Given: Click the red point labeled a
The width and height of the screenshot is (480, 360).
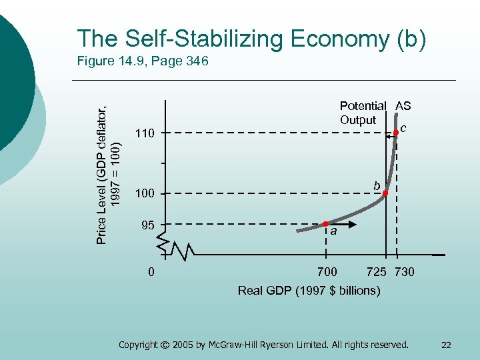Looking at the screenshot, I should [325, 224].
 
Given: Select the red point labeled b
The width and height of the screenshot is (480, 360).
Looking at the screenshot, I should [385, 193].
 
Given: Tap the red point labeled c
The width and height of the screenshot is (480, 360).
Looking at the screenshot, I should [396, 133].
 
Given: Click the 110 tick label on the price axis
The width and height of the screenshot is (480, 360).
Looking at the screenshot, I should [145, 133].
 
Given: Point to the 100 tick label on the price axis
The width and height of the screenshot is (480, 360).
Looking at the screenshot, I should [145, 193].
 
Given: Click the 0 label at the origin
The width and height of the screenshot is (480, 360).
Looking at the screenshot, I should [151, 272].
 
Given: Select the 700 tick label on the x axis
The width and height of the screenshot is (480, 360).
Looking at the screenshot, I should [326, 272].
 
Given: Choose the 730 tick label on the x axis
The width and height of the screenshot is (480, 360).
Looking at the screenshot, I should [404, 272].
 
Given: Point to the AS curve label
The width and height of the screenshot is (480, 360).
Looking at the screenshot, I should [403, 106].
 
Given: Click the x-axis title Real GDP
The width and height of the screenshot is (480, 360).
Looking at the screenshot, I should [309, 291].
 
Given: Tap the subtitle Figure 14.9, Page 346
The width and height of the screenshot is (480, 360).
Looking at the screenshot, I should [143, 62].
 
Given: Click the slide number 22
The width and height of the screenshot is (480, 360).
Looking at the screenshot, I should [446, 345].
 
